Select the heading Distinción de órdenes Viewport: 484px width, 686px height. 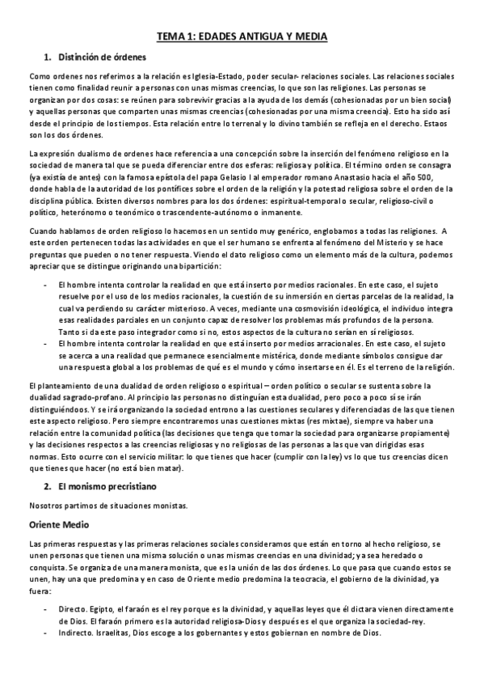coord(95,57)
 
